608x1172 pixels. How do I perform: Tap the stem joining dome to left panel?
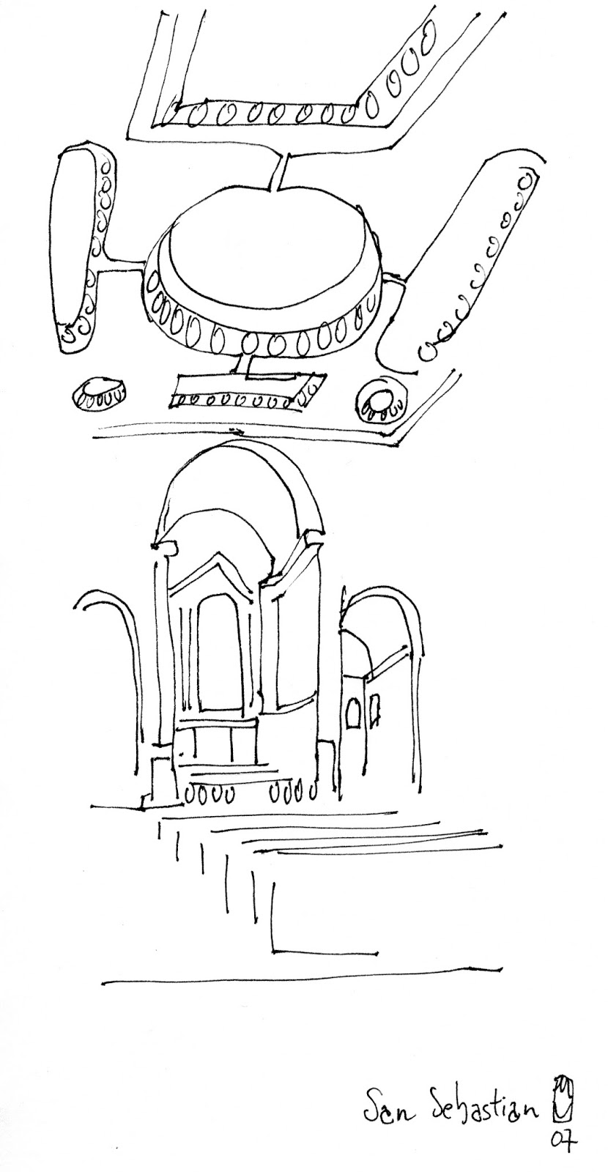[x=125, y=259]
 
